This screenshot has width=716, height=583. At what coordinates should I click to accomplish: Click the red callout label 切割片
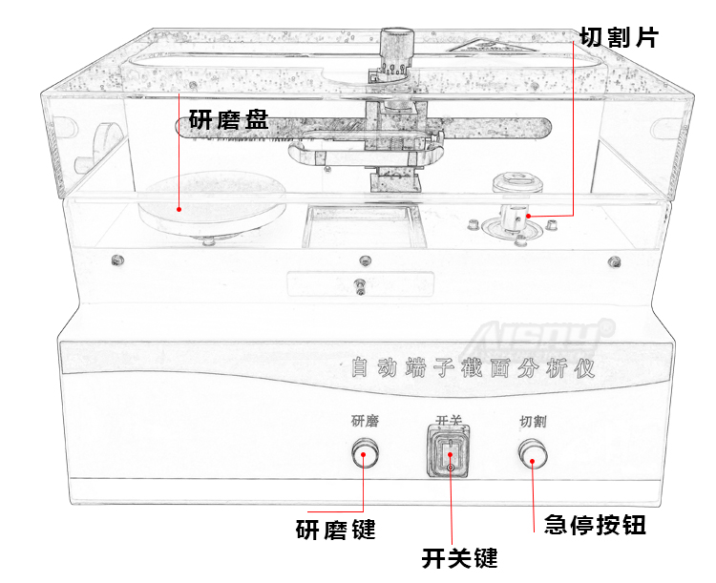(x=619, y=37)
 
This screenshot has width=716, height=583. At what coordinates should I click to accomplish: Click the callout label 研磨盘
(x=228, y=121)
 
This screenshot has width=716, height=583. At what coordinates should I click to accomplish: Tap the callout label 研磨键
(x=335, y=529)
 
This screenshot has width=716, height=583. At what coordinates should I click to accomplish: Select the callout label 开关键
(x=459, y=558)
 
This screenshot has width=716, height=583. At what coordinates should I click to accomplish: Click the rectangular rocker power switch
(x=449, y=453)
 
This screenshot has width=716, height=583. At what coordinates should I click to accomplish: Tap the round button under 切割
(x=533, y=454)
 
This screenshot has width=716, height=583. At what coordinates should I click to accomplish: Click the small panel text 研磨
(x=365, y=421)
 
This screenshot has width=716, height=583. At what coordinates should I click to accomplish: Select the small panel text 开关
(x=449, y=421)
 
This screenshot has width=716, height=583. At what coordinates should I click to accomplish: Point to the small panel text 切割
(x=533, y=421)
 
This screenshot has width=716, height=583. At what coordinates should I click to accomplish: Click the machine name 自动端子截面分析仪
(x=473, y=367)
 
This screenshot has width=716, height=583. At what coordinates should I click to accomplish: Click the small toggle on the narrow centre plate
(x=360, y=286)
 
